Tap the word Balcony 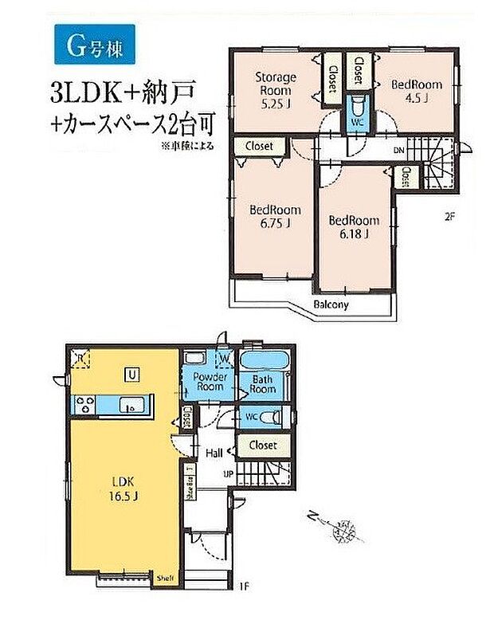click(329, 304)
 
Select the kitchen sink click(131, 407)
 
